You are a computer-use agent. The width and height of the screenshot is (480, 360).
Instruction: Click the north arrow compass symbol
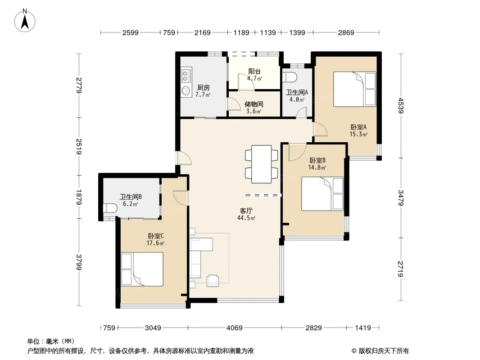pyautogui.click(x=25, y=21)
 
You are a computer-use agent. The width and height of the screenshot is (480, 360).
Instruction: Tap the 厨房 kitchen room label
pyautogui.click(x=203, y=88)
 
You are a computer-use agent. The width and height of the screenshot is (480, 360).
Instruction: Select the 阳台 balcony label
pyautogui.click(x=255, y=72)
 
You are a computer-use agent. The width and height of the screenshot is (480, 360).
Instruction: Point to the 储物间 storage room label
pyautogui.click(x=254, y=104)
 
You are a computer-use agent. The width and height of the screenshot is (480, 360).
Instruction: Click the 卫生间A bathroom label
pyautogui.click(x=297, y=92)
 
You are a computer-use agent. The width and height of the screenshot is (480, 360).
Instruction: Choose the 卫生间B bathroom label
pyautogui.click(x=131, y=197)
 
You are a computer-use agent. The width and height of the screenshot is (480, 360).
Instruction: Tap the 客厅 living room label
pyautogui.click(x=246, y=211)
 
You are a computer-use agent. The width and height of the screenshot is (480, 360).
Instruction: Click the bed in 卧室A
pyautogui.click(x=354, y=89)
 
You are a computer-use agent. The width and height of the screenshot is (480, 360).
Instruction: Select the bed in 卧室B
pyautogui.click(x=322, y=194)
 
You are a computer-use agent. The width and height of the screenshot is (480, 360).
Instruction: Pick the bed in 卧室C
pyautogui.click(x=142, y=269)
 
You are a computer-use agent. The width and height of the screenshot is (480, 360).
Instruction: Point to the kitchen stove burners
pyautogui.click(x=185, y=76)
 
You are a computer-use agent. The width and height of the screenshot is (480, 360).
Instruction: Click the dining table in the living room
pyautogui.click(x=262, y=164)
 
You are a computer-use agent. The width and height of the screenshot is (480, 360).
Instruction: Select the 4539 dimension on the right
pyautogui.click(x=401, y=105)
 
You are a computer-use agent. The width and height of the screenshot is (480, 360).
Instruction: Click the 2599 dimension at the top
pyautogui.click(x=131, y=32)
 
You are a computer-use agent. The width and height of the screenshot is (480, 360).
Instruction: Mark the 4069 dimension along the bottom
pyautogui.click(x=235, y=328)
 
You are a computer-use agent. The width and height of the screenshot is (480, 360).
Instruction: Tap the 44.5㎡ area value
pyautogui.click(x=246, y=218)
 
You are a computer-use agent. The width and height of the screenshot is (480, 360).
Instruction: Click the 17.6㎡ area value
pyautogui.click(x=155, y=243)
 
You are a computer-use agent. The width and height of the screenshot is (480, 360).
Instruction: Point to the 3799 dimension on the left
pyautogui.click(x=79, y=262)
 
